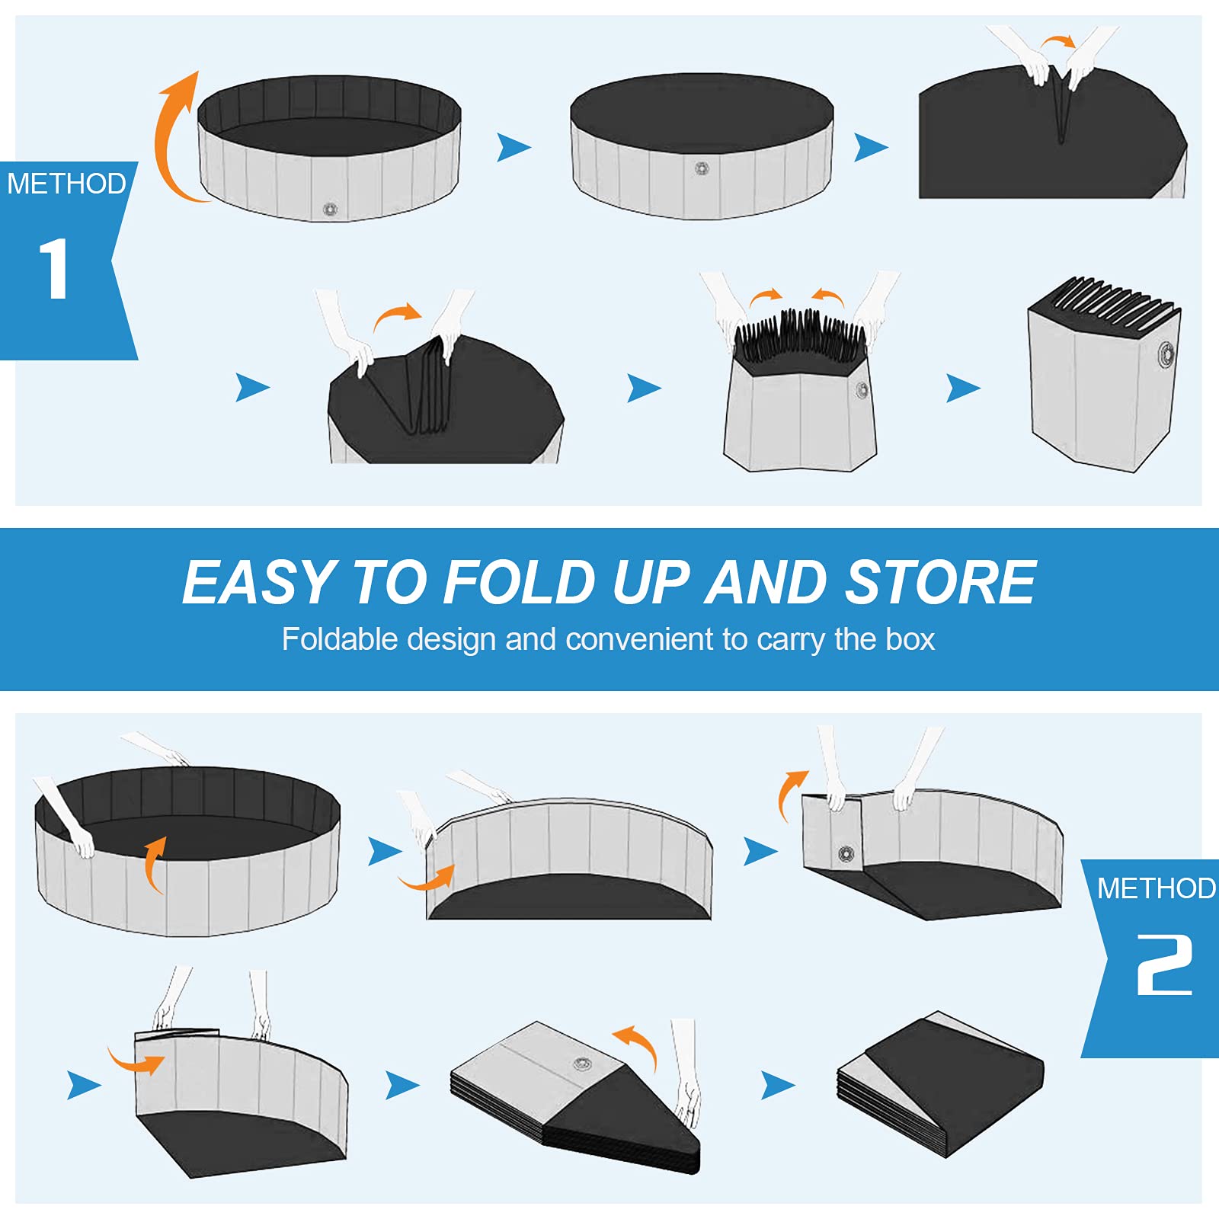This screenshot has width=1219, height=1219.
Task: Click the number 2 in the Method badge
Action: [1164, 965]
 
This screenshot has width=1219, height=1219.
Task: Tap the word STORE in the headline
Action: [941, 583]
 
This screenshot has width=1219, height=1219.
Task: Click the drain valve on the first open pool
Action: [330, 209]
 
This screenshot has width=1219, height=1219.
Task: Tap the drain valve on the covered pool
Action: [702, 168]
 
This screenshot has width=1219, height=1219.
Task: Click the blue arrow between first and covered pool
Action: [513, 147]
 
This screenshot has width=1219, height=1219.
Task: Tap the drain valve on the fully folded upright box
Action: [1166, 354]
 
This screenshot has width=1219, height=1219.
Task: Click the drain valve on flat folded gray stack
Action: [582, 1064]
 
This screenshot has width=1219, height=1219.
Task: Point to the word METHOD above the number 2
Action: [1156, 888]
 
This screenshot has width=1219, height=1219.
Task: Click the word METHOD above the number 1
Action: [66, 184]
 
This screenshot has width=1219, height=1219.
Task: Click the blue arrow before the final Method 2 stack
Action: [777, 1085]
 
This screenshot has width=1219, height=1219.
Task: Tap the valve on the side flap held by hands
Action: [846, 853]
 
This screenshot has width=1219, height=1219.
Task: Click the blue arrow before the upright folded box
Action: [962, 388]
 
